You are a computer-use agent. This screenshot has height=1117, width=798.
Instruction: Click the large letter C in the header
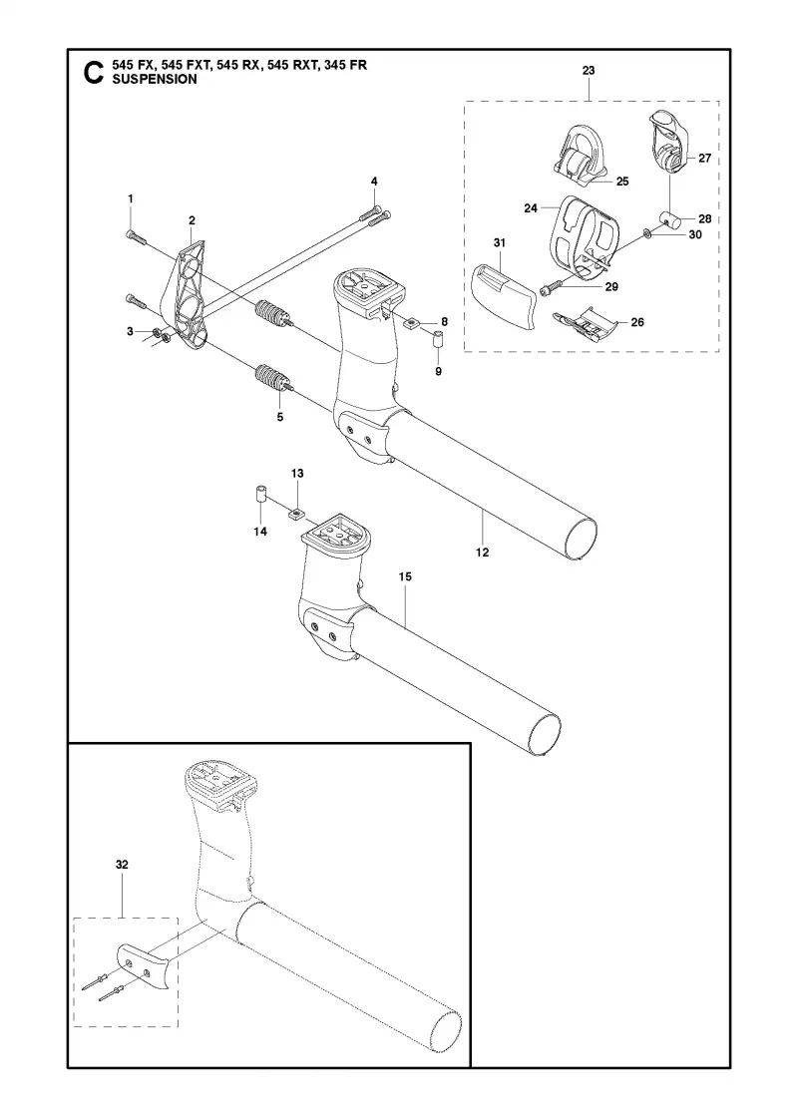(x=93, y=73)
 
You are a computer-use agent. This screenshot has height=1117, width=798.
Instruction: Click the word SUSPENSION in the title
(x=155, y=80)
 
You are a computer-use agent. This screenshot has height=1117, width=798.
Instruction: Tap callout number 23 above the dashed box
(x=589, y=71)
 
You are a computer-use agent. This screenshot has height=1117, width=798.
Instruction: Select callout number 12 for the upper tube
(x=483, y=553)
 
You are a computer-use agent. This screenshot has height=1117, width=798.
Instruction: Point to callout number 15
(x=405, y=576)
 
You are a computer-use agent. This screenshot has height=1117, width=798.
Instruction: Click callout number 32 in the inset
(x=122, y=864)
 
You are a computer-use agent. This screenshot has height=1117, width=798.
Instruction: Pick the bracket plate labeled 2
(x=185, y=293)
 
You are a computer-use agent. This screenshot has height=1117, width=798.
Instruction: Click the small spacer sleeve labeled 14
(x=260, y=495)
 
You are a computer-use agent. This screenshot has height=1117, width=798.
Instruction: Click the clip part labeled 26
(x=586, y=321)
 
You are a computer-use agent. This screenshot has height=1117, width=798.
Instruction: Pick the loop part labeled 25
(x=582, y=153)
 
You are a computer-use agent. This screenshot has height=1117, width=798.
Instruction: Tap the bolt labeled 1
(x=136, y=238)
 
